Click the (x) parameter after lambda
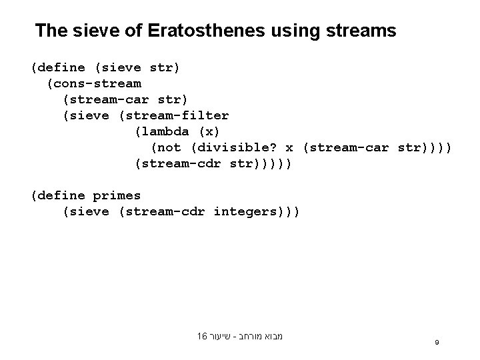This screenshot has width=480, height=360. click(209, 131)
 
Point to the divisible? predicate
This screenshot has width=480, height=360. click(237, 147)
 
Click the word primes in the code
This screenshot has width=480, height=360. click(117, 195)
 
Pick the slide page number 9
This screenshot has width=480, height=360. click(436, 342)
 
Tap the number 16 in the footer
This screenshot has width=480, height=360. click(202, 337)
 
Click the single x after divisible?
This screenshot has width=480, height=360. click(289, 147)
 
